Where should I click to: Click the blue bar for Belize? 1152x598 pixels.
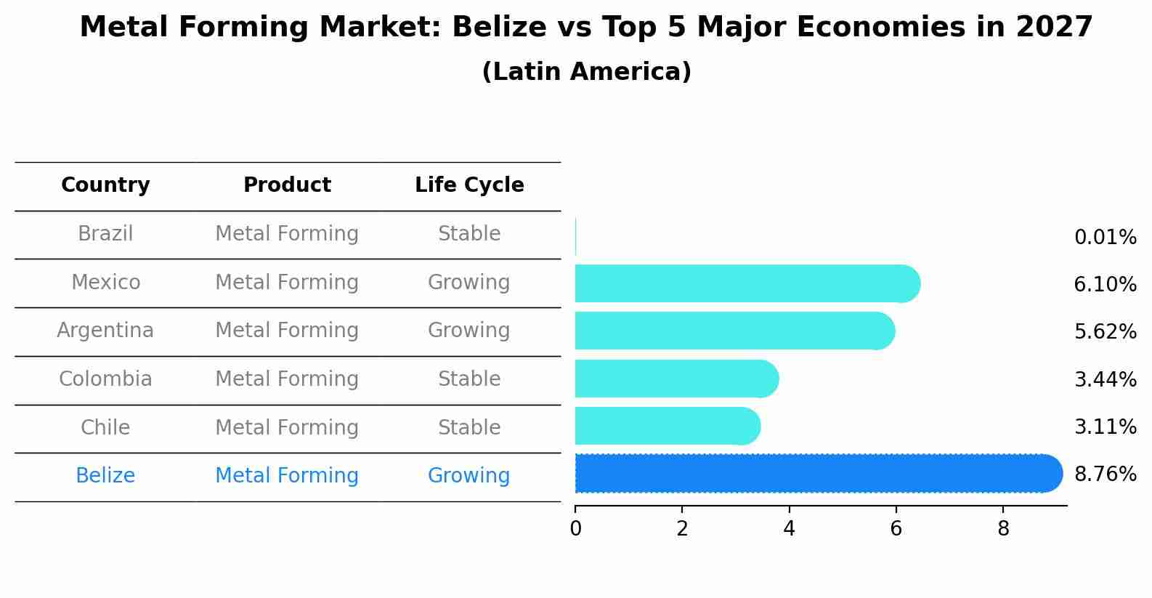817,474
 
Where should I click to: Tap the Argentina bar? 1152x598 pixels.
734,331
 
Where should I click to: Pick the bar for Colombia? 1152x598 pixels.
676,379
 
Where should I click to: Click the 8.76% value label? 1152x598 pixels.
1105,474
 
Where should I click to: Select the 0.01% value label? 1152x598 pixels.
1105,238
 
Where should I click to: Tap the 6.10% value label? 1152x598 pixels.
1105,285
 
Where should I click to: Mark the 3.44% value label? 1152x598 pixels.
1105,379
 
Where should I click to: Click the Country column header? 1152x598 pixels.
105,185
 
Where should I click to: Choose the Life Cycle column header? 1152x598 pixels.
469,185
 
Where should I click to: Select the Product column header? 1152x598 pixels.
287,185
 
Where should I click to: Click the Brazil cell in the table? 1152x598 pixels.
105,234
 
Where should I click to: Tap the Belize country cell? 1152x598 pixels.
105,476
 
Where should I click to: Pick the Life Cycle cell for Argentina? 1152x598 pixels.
468,331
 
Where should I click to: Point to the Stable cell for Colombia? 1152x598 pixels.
469,379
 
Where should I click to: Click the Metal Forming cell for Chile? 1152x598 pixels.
287,427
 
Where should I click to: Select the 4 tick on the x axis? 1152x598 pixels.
789,529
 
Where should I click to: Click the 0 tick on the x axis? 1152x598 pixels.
575,529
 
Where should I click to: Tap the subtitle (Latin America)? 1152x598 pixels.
586,72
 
